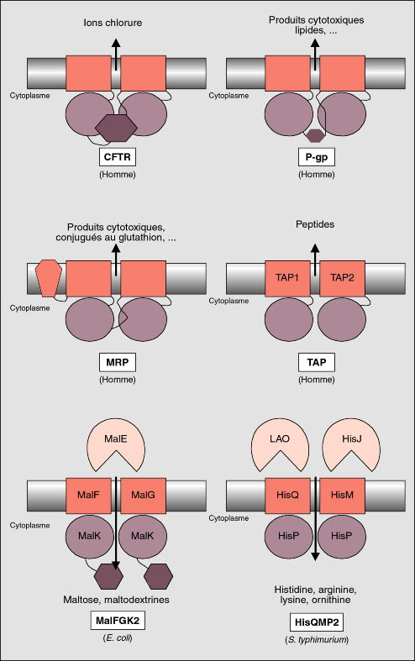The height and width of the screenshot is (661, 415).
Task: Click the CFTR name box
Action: tap(118, 157)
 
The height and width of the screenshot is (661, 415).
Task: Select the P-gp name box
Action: tap(317, 157)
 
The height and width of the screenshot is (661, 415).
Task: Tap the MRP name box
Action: tap(118, 362)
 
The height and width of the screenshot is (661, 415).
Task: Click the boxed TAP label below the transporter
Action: tap(317, 362)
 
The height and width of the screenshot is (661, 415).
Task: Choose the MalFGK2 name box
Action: tap(118, 621)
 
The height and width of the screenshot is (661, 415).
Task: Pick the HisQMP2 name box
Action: tap(317, 622)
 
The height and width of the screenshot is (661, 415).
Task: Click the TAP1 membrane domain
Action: tap(287, 278)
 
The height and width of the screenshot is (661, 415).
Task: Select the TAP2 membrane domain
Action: tap(342, 278)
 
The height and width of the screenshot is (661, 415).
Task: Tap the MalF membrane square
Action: tap(88, 496)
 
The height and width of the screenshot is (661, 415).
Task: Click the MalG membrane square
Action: tap(144, 496)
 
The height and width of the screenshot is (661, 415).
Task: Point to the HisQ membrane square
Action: tap(287, 496)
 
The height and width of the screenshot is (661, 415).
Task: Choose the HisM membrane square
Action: tap(342, 496)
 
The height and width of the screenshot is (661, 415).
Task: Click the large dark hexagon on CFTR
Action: tap(116, 128)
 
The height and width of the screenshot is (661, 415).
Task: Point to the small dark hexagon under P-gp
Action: tap(316, 135)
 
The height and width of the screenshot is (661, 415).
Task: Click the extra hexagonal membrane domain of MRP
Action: tap(49, 278)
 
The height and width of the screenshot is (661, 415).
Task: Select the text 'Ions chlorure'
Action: tap(113, 23)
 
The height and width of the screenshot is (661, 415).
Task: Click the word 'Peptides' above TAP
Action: tap(315, 224)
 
